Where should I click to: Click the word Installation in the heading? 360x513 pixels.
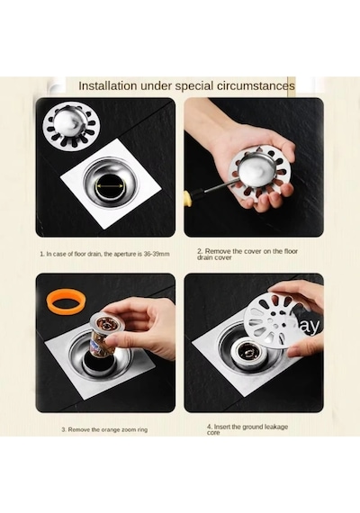click(108, 85)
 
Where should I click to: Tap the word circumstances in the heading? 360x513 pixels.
click(256, 85)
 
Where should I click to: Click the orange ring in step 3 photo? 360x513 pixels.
click(66, 301)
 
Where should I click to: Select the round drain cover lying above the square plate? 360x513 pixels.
click(71, 125)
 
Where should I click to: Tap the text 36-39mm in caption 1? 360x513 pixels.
click(157, 254)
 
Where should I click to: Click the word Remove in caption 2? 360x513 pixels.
click(218, 251)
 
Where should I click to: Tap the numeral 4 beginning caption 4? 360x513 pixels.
click(209, 427)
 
